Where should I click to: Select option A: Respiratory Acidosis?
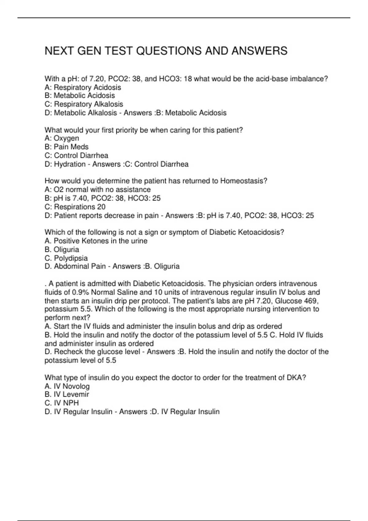tap(83, 87)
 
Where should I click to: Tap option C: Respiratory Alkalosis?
tap(84, 104)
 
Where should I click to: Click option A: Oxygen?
tap(62, 139)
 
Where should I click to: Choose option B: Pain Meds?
tap(67, 147)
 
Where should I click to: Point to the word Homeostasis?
tap(243, 181)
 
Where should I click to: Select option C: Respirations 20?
tap(75, 207)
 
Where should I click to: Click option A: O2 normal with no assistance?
tap(98, 190)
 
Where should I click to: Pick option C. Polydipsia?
tap(66, 258)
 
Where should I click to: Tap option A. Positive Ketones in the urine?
tap(96, 241)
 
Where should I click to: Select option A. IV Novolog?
tap(67, 386)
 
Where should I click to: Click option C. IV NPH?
tap(62, 403)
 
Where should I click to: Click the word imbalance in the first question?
tap(309, 79)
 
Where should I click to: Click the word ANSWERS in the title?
tap(259, 51)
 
